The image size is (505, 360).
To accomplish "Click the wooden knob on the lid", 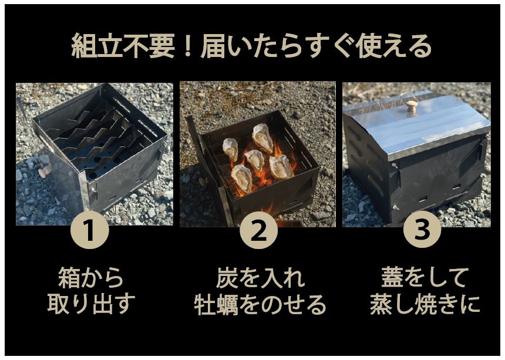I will click(412, 106).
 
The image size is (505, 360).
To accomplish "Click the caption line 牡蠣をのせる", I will click(260, 304).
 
